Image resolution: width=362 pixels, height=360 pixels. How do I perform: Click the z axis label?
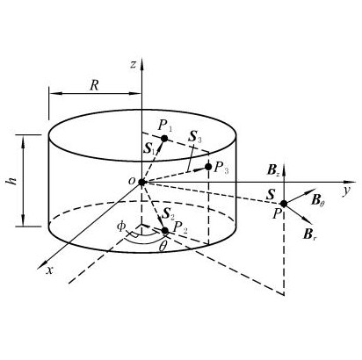(134, 64)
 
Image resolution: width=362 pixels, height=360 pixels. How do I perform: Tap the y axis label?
(347, 191)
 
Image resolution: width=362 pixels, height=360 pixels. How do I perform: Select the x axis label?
(50, 270)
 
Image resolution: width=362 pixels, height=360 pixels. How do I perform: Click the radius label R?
(94, 85)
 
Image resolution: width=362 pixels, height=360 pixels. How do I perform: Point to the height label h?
(12, 181)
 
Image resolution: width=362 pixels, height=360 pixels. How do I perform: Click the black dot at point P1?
(164, 139)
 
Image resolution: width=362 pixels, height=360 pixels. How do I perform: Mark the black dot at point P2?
(165, 231)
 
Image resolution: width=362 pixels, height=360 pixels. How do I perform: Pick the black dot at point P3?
(208, 167)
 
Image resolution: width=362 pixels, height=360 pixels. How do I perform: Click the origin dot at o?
(141, 183)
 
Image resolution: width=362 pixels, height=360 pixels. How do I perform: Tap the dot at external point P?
(284, 204)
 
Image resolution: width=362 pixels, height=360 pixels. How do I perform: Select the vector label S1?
(150, 149)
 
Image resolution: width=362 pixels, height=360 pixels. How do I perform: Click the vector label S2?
(169, 215)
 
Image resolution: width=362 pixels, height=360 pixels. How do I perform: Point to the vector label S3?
(195, 137)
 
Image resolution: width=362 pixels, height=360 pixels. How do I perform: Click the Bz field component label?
(273, 170)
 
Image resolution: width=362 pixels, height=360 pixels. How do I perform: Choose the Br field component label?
(310, 234)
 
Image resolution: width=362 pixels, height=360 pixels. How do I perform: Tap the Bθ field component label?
(317, 201)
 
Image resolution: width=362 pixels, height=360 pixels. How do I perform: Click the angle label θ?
(163, 247)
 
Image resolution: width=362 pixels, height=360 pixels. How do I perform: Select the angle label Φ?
(121, 227)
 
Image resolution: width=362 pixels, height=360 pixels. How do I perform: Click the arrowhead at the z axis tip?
(141, 63)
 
